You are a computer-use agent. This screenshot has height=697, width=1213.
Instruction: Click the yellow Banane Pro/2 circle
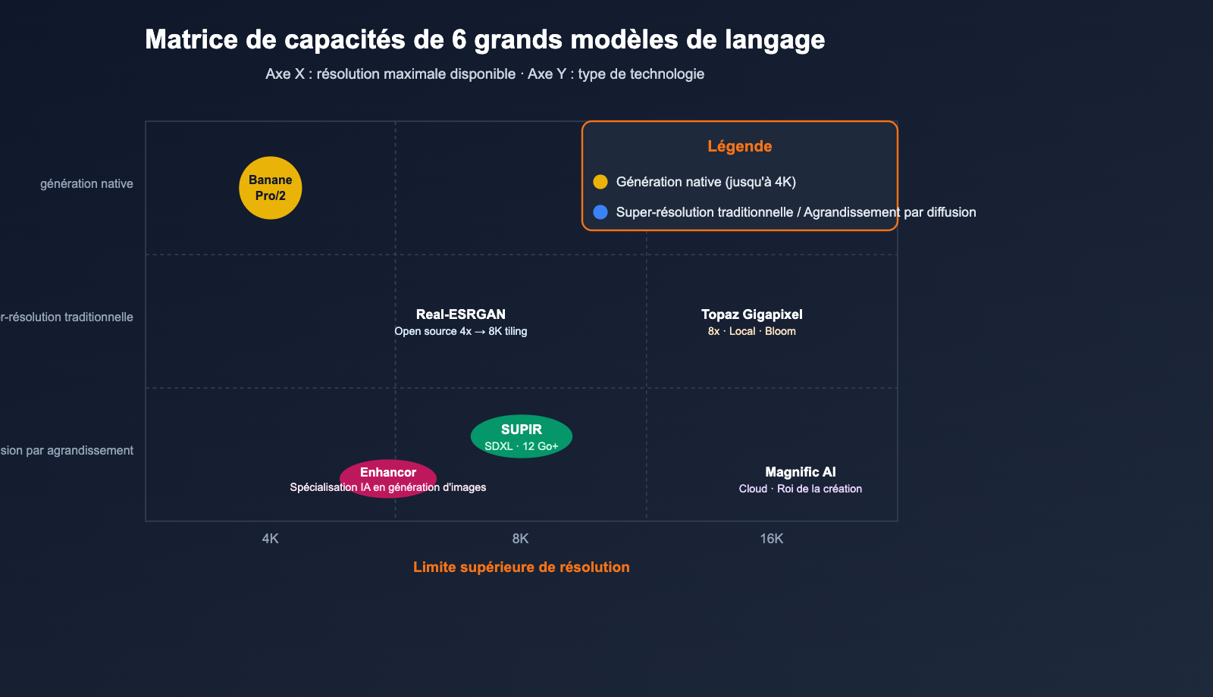coord(271,188)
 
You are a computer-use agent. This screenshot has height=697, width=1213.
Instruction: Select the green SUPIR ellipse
coord(522,436)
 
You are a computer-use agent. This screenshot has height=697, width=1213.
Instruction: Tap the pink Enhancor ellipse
coord(388,477)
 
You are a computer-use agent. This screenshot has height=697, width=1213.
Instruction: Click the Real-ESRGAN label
coord(460,314)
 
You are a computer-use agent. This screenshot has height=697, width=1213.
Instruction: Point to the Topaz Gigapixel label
coord(751,314)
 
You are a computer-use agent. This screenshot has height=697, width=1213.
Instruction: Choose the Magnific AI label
coord(800,472)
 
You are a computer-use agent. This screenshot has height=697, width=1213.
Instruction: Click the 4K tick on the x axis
coord(271,539)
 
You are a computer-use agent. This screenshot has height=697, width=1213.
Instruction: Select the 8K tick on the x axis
coord(521,539)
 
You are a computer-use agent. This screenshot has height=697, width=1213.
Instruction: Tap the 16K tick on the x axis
coord(772,539)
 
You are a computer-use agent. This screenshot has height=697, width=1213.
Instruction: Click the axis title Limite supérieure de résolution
coord(521,567)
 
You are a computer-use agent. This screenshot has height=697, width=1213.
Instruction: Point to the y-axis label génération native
coord(86,184)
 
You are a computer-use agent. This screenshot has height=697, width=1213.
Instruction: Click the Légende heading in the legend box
coord(739,146)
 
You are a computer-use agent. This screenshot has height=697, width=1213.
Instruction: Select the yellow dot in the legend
coord(600,182)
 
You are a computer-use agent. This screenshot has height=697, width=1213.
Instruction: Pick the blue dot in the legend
coord(600,212)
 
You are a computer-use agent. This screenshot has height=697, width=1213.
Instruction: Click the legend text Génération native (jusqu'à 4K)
coord(706,182)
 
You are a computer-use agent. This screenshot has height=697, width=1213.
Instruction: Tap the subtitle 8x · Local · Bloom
coord(751,331)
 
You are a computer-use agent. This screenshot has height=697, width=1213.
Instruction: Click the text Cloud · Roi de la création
coord(800,489)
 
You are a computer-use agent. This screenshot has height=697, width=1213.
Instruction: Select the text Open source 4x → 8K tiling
coord(460,331)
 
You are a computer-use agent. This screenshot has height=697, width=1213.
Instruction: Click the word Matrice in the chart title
coord(191,39)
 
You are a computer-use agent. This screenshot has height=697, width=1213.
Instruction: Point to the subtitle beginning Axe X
coord(484,74)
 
